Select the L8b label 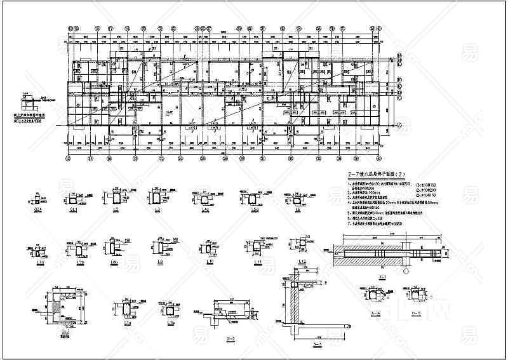[x=115, y=262]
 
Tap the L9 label [x=159, y=262]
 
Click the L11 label [x=258, y=262]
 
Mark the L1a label [x=127, y=323]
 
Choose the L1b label [x=171, y=323]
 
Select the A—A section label [x=375, y=313]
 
